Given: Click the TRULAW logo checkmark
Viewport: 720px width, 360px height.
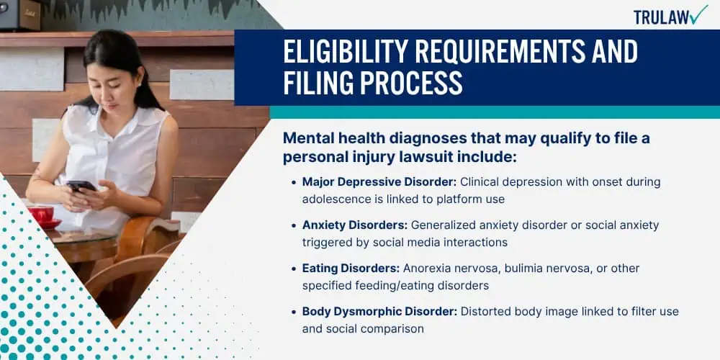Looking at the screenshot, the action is coord(698,14).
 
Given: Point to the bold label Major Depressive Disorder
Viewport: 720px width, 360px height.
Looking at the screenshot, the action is coord(379,182).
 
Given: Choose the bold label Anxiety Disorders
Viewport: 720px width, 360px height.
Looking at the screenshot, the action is coord(355,225).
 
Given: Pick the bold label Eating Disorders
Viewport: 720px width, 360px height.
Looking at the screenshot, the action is coord(351,268).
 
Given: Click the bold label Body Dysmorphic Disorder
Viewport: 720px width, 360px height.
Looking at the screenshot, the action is coord(379,311).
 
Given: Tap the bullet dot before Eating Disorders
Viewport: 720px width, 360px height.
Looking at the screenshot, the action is coord(294,269).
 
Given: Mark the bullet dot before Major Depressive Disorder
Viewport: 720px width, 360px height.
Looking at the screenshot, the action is coord(294,183).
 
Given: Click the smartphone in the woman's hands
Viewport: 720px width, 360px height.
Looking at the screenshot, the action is coord(81,186).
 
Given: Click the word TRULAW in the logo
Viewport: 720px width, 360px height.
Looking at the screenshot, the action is coord(661,17).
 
